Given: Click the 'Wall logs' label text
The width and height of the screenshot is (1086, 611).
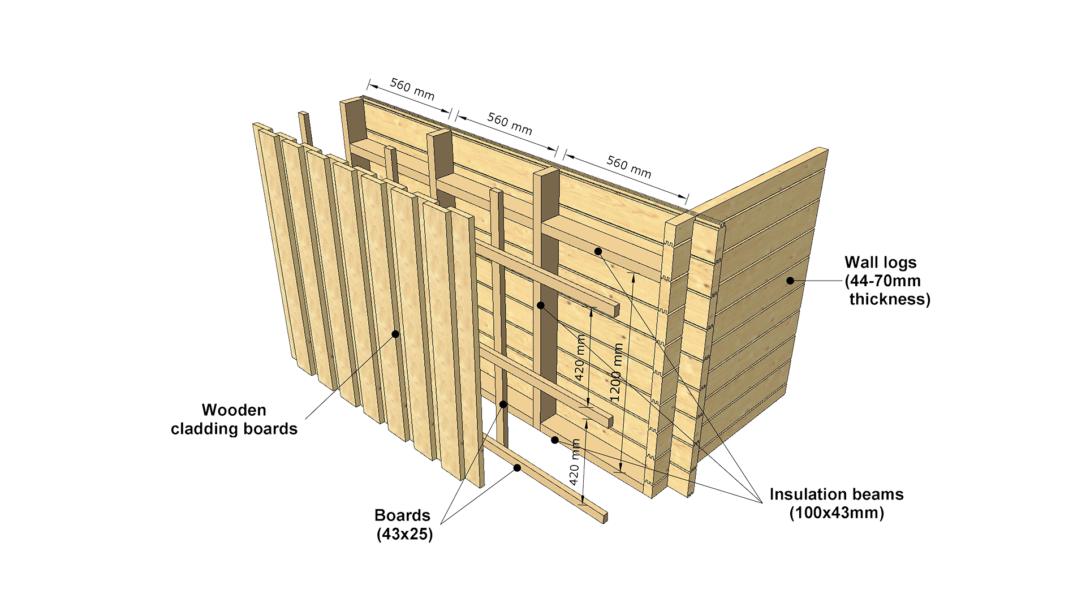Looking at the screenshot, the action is (880, 263).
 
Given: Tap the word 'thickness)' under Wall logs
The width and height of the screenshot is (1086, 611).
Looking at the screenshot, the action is (890, 299).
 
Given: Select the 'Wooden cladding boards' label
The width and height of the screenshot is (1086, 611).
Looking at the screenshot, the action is (234, 419).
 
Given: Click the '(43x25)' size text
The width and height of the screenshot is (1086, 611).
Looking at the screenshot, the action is (404, 533).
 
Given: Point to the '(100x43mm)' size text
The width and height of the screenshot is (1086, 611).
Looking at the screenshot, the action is (837, 513).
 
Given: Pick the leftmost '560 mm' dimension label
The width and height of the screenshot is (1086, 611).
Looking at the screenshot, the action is (412, 89).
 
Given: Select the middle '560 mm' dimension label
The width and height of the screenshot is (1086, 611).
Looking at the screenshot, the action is (510, 124).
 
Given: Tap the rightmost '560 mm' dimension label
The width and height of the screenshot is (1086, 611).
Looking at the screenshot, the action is (629, 166).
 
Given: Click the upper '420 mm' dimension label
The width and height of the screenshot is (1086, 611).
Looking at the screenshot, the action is (581, 358).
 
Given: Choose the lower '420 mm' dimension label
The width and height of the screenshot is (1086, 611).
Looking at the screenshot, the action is (575, 462).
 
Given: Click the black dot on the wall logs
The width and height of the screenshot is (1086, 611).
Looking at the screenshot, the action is (790, 281).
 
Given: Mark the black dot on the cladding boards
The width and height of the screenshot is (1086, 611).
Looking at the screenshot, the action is (395, 334).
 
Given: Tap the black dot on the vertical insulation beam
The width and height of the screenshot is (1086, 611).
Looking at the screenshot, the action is (541, 305).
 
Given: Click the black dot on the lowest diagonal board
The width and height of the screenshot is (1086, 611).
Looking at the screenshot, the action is (517, 468).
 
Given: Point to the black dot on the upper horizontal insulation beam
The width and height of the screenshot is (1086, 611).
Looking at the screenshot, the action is (598, 251).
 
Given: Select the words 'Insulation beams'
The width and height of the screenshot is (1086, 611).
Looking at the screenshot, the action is (837, 494).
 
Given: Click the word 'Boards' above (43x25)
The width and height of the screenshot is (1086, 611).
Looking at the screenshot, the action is (402, 515).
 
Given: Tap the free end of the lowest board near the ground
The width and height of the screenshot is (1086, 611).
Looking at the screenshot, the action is (604, 518).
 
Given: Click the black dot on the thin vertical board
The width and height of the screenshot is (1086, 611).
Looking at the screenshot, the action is (503, 405).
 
